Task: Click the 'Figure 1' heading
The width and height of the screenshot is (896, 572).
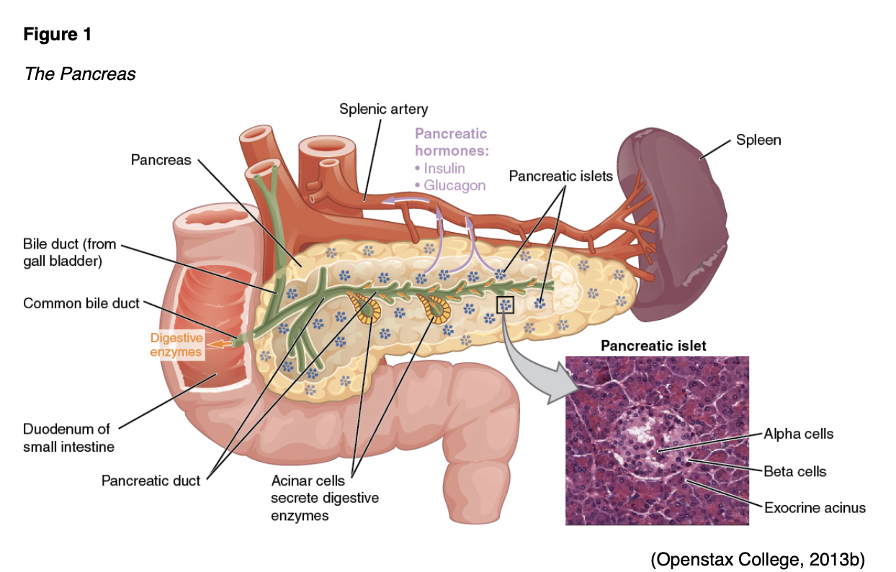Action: pos(58,34)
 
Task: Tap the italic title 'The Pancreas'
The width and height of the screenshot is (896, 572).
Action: pos(80,74)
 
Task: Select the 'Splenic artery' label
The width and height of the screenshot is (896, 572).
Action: pos(383,110)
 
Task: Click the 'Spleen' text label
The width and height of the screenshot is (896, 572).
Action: pos(758,140)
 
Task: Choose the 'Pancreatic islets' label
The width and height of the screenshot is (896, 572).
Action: pos(560,176)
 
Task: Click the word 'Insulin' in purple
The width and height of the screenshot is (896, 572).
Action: pos(444,169)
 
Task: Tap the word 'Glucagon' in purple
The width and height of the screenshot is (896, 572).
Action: pos(454,186)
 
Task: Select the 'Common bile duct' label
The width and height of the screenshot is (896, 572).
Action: pos(81,303)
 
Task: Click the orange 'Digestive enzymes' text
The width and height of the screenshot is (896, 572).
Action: pos(176,344)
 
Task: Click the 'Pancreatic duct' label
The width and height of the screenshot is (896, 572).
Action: pos(151,480)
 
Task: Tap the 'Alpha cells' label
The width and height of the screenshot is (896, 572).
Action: pos(798,434)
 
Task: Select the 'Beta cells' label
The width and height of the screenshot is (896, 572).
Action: pos(794,472)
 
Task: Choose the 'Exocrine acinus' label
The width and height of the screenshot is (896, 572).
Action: pos(815,508)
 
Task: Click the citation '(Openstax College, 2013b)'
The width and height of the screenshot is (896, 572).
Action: pos(757,558)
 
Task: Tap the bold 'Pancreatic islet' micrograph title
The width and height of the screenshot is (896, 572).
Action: pos(653,346)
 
